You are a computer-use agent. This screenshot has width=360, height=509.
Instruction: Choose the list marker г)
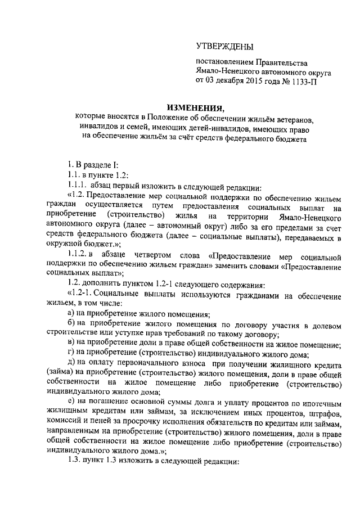[x=70, y=354]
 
